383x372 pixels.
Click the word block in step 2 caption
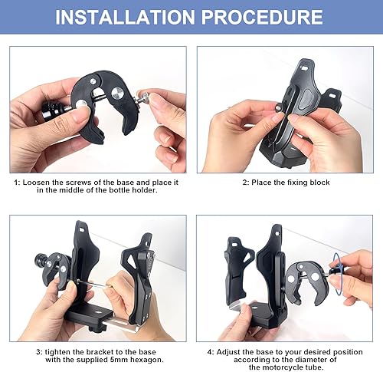[319, 183]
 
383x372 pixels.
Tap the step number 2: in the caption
[246, 183]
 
